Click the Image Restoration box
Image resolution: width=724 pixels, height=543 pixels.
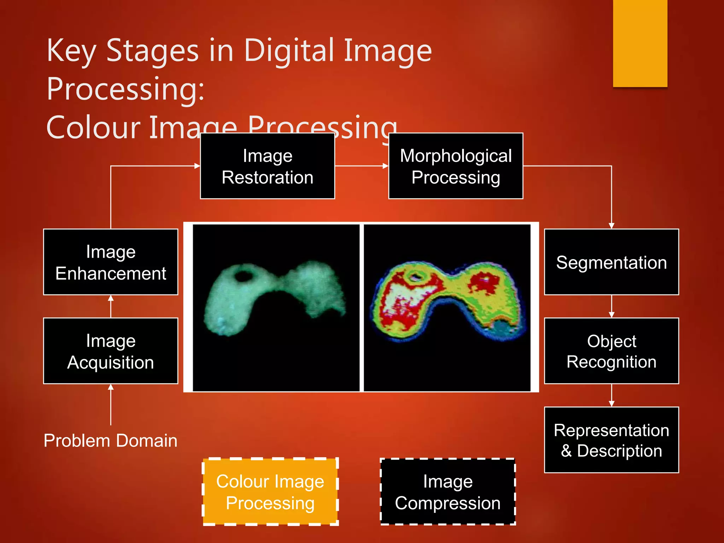[x=267, y=166]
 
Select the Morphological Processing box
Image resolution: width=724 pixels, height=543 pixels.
[x=456, y=166]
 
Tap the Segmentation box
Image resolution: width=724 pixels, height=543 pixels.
[x=611, y=262]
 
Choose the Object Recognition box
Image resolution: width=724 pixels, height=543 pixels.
[x=611, y=351]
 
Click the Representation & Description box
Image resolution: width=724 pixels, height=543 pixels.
[x=611, y=440]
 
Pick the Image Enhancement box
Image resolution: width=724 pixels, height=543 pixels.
[x=111, y=262]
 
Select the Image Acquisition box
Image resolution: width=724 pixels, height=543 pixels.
[x=111, y=351]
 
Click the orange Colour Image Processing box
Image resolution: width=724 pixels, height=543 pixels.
[x=270, y=492]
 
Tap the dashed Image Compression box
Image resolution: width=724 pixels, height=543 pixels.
[x=448, y=492]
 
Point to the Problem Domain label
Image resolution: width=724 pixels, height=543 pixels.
[x=110, y=441]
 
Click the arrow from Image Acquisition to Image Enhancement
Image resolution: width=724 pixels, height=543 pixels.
[x=111, y=306]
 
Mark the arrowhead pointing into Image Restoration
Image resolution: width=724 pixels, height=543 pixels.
[x=197, y=166]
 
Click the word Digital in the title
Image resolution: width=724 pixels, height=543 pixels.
[x=290, y=50]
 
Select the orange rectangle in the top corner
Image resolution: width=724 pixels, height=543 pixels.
[x=640, y=43]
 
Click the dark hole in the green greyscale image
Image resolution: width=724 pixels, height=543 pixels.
[x=244, y=275]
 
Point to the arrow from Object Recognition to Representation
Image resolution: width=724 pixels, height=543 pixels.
[x=612, y=396]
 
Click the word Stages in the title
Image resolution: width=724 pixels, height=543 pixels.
[x=152, y=50]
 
